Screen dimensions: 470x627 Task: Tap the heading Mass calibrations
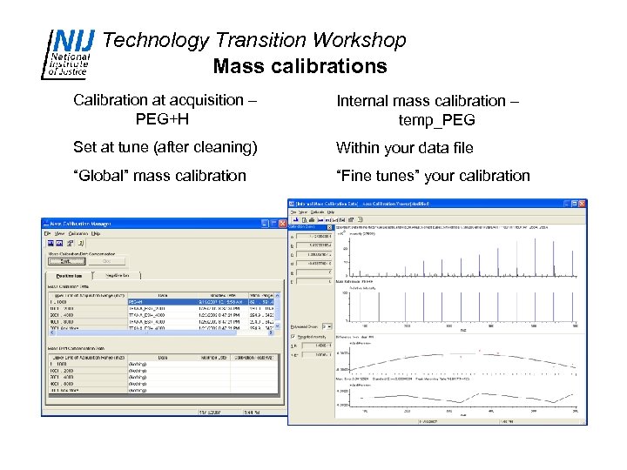300,66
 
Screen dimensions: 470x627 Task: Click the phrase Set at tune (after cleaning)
165,148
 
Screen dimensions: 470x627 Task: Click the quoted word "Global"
104,176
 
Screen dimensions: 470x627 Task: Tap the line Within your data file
405,148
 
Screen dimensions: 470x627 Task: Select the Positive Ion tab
64,275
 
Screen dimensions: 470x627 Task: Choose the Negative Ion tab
118,275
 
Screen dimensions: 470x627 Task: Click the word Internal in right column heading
367,101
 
